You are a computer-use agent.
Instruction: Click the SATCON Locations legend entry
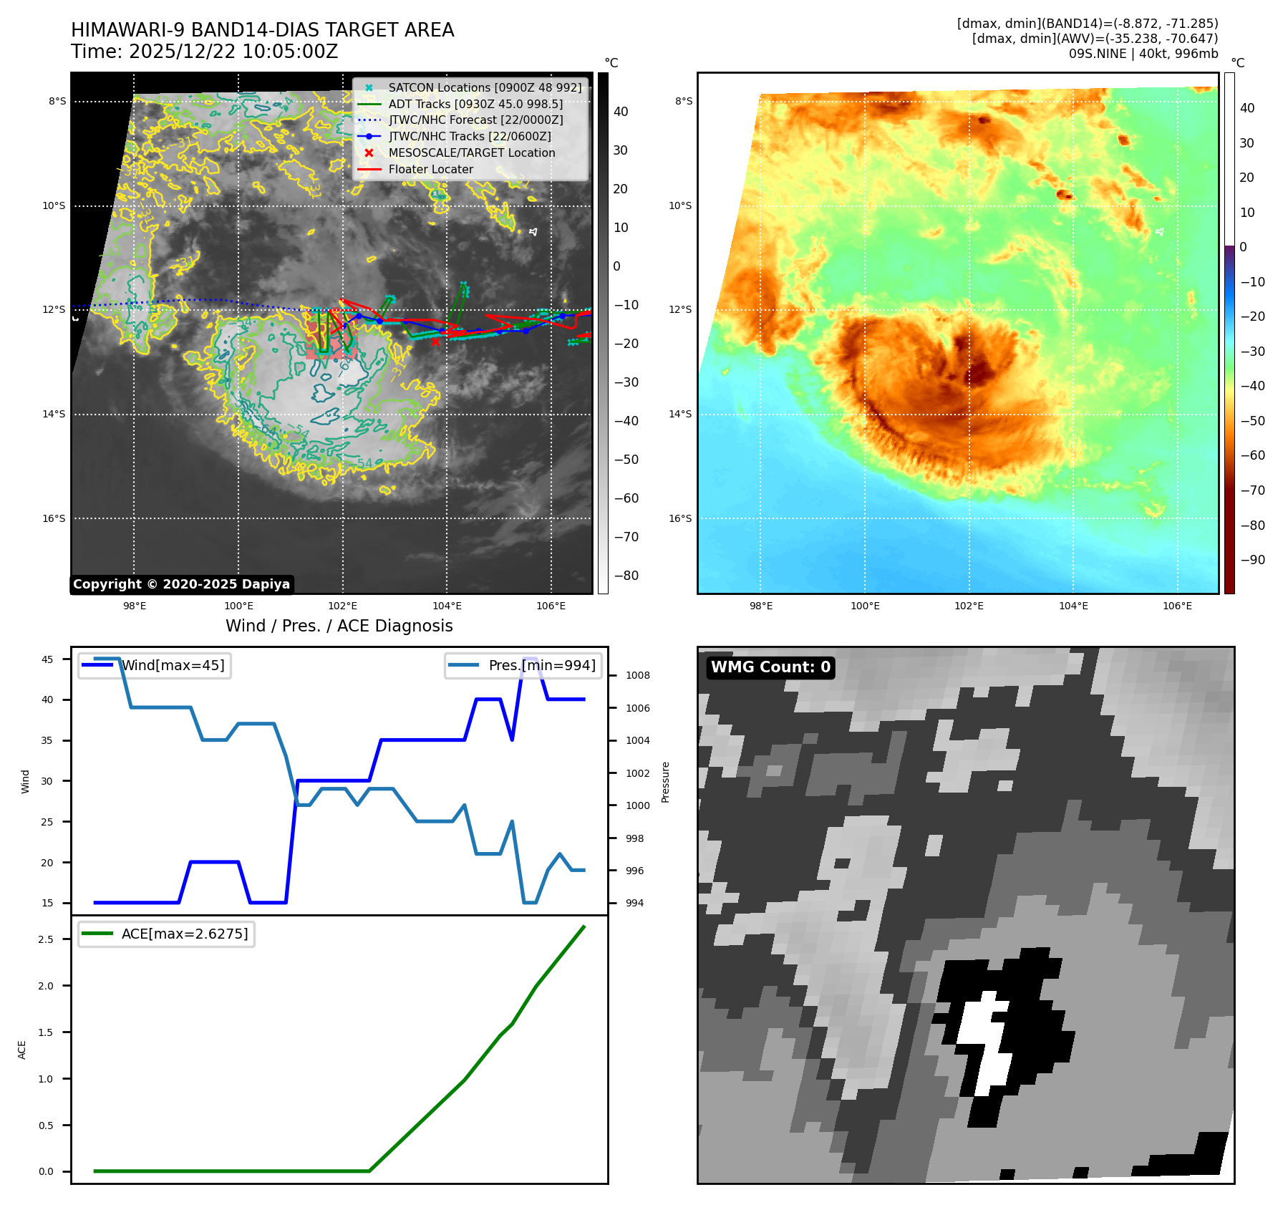485,87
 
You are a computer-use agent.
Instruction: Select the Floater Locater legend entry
430,170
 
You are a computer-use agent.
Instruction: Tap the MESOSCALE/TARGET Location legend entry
471,153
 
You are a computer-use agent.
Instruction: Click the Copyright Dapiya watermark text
181,584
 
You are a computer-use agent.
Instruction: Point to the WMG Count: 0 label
770,667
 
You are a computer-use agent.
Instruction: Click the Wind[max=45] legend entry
173,665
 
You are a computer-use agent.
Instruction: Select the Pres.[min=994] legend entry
541,665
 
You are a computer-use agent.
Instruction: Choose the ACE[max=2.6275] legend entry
184,934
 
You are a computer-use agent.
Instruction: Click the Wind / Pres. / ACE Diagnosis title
339,626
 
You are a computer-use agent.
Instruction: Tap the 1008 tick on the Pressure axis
637,675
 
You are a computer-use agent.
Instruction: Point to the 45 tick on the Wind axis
47,659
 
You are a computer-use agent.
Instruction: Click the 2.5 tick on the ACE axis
46,939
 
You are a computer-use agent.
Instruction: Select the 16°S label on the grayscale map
54,518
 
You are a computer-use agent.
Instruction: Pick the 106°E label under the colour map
1177,606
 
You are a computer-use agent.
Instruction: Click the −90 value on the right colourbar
1252,560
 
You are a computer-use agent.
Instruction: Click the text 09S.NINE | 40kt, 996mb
1143,54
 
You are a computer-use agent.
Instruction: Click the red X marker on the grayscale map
435,342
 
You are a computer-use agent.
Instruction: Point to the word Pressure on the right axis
665,782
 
